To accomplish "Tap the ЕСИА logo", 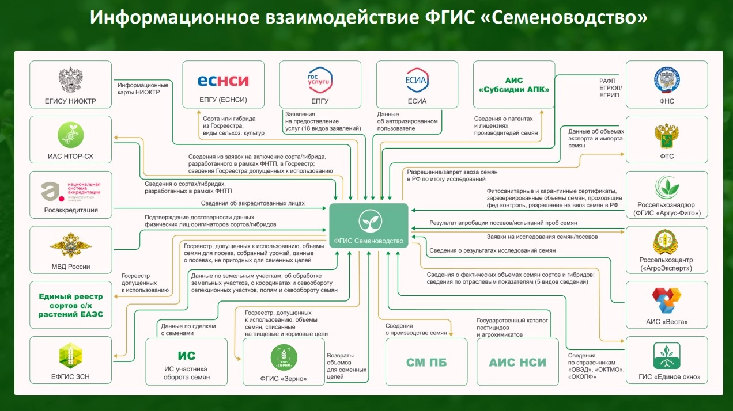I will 417,80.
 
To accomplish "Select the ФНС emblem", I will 667,80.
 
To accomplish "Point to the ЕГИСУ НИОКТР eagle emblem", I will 71,81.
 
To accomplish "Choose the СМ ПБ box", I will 426,362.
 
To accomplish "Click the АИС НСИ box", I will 517,362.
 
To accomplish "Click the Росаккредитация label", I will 71,210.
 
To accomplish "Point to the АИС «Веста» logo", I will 667,301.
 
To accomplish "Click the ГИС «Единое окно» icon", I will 667,356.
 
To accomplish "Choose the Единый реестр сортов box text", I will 71,305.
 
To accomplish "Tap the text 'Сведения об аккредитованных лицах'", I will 252,203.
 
